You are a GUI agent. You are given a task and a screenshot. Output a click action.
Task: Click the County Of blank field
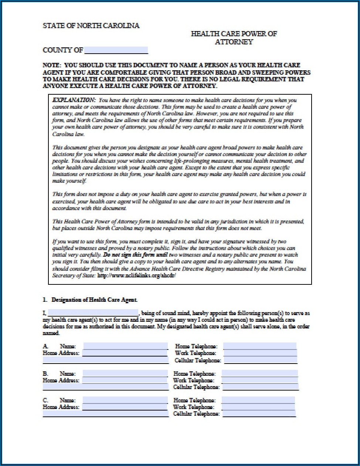(116, 50)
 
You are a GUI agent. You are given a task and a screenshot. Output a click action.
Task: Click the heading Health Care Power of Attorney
(234, 38)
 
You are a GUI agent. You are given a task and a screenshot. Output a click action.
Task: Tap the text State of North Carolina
(91, 26)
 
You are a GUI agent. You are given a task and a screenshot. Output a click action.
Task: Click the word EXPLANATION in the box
(74, 100)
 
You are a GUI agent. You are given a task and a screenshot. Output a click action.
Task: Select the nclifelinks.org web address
(136, 276)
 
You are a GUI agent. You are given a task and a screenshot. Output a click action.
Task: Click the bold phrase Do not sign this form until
(136, 255)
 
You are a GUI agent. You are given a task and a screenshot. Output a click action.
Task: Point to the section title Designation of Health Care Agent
(94, 300)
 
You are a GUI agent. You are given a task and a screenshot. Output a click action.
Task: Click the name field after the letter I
(93, 313)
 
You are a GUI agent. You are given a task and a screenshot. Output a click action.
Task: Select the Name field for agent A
(125, 346)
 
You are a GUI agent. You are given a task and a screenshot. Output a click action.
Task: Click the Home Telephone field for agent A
(259, 346)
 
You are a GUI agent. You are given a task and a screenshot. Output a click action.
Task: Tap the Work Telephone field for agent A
(260, 353)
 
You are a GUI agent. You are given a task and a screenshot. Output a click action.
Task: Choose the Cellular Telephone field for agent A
(261, 360)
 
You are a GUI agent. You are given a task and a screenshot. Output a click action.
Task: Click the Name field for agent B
(125, 374)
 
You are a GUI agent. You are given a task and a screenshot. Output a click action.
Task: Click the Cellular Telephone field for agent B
(260, 387)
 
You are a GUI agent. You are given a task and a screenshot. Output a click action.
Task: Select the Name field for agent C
(125, 400)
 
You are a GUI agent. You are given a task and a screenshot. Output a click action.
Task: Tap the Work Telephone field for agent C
(258, 407)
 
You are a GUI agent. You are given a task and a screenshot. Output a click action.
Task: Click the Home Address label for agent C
(61, 407)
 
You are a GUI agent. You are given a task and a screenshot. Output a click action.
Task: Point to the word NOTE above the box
(51, 65)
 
